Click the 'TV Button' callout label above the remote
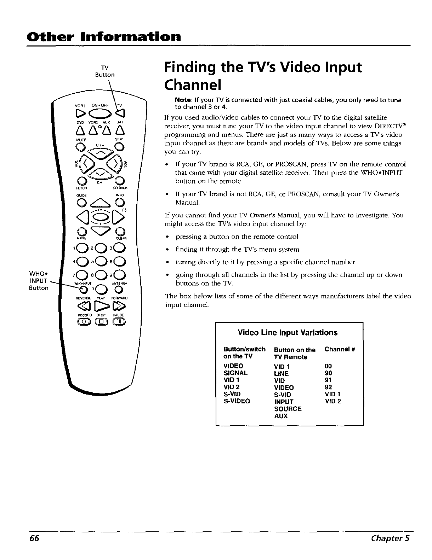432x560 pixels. (104, 71)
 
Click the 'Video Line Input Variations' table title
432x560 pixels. (288, 333)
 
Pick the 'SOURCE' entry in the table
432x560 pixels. (288, 409)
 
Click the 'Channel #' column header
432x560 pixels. (340, 349)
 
